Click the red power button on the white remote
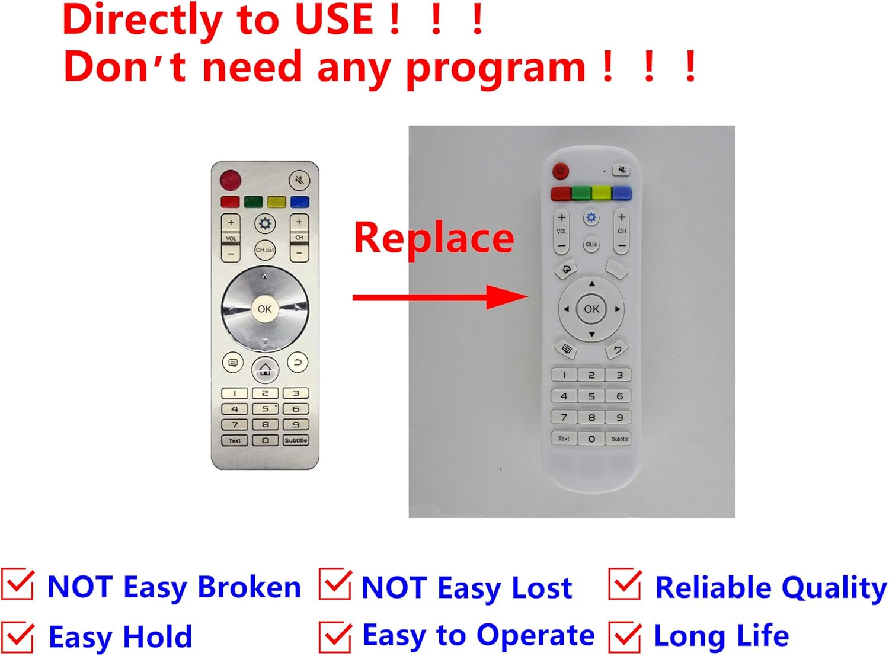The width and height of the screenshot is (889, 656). point(560,171)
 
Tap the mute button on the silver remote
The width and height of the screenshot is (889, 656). point(299,180)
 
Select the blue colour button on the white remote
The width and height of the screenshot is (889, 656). point(621,193)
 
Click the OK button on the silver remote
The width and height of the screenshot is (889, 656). point(264,309)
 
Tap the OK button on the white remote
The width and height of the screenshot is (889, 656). point(591,309)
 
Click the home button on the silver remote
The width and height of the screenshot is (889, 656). point(265,370)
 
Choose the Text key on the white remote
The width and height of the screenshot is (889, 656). point(564,439)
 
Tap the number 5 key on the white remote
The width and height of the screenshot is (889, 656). point(591,396)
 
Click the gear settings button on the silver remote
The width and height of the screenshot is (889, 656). point(265,223)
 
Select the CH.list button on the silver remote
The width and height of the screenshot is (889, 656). point(265,249)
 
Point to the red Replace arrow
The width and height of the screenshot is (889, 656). point(439,296)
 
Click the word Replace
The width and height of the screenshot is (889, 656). point(434,238)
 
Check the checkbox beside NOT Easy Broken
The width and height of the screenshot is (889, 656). point(18,585)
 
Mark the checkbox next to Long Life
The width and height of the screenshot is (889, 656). point(625,636)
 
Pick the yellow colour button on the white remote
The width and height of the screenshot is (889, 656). point(601,193)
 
